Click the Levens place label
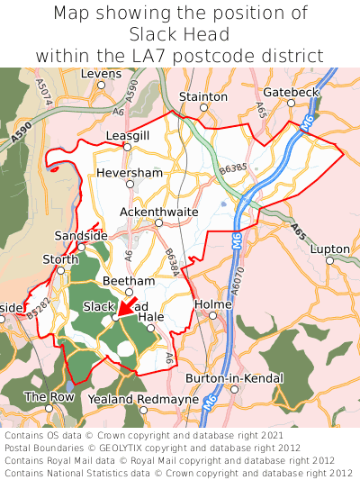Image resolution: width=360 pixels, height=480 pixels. click(101, 74)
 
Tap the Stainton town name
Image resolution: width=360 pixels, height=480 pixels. click(203, 95)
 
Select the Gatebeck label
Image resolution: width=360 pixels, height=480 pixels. click(291, 93)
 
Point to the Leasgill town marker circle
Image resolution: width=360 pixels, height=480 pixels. click(128, 147)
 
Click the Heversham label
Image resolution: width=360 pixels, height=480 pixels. click(130, 171)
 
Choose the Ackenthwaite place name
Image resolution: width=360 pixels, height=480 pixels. click(158, 212)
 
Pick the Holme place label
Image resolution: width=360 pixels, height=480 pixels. click(213, 304)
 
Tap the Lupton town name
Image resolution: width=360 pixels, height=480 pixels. click(329, 249)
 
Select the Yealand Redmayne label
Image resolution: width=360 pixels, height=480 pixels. click(143, 399)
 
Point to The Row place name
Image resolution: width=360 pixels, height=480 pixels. click(49, 396)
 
